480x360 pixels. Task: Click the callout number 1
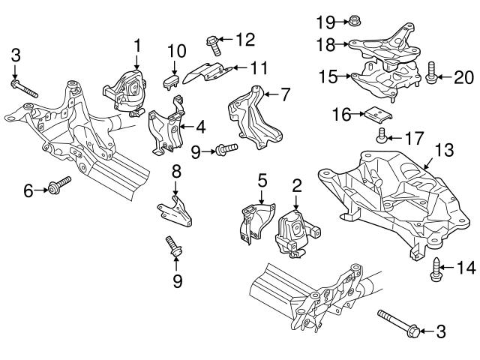point(137,46)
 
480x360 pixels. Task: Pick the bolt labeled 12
point(213,44)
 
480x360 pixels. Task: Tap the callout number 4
point(202,127)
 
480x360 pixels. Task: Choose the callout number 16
point(340,114)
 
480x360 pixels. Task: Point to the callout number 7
point(284,94)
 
